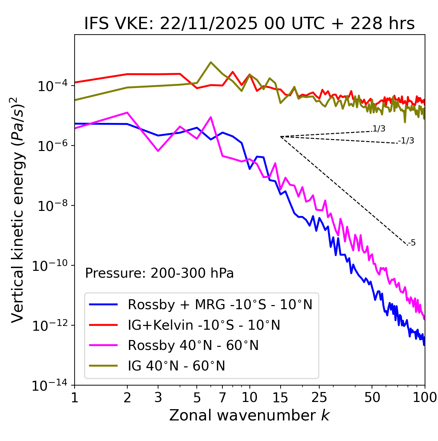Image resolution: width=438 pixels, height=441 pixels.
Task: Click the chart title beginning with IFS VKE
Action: click(x=249, y=24)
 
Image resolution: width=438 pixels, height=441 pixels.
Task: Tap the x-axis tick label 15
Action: click(x=280, y=398)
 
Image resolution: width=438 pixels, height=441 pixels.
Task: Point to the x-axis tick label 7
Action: click(x=222, y=398)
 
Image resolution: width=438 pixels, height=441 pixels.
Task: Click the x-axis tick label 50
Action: click(x=372, y=398)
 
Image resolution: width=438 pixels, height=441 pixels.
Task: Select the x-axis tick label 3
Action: click(x=158, y=398)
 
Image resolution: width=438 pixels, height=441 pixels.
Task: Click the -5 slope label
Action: click(x=412, y=243)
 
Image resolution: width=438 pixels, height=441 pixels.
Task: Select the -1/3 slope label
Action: click(x=406, y=141)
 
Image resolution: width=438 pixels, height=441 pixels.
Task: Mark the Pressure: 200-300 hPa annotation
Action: click(x=159, y=273)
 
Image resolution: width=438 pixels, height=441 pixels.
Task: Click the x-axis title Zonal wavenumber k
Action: click(x=249, y=415)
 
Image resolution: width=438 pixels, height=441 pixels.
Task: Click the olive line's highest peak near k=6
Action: click(x=211, y=62)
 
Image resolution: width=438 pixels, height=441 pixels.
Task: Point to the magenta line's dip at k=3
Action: click(x=158, y=151)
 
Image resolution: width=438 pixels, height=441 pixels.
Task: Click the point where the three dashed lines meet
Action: click(x=281, y=137)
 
